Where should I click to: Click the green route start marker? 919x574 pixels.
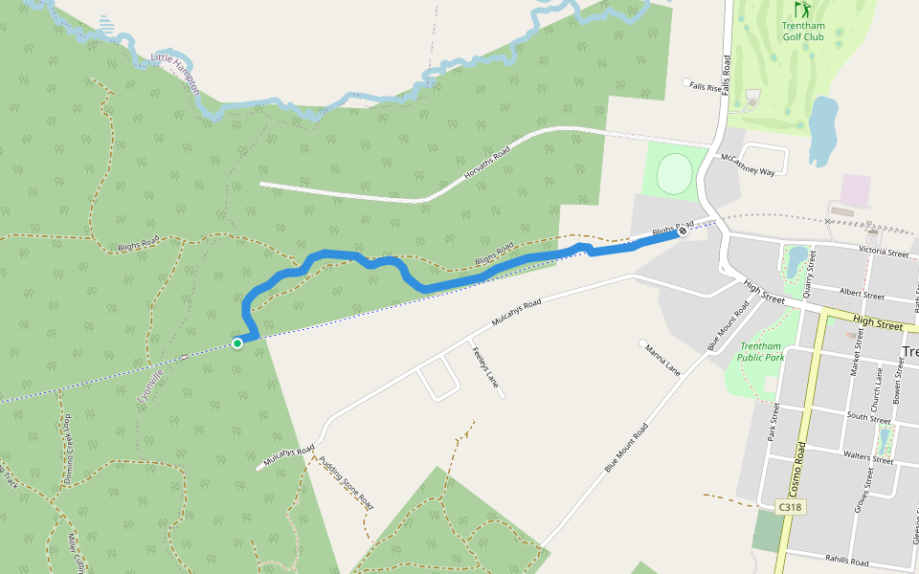click(x=237, y=343)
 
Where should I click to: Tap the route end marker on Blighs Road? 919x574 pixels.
click(x=683, y=232)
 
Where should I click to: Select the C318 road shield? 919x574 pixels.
click(x=790, y=507)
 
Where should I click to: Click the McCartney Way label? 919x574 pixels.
click(x=748, y=164)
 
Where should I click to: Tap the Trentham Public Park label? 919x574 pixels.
click(x=761, y=352)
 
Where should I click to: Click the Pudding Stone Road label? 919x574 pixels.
click(x=346, y=481)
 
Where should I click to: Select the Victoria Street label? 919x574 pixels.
click(x=884, y=254)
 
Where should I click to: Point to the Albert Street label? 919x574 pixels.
click(x=861, y=296)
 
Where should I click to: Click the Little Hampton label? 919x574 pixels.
click(x=176, y=73)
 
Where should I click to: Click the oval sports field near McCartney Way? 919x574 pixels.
click(x=676, y=173)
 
